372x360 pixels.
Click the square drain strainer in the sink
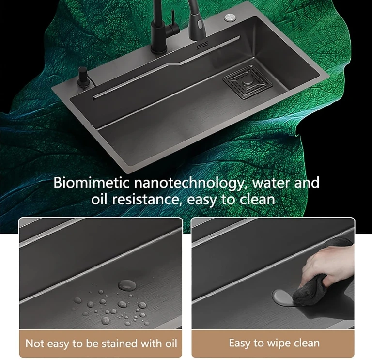[x=244, y=80]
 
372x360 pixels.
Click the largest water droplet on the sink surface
[x=127, y=284]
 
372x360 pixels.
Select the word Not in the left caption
[x=35, y=344]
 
